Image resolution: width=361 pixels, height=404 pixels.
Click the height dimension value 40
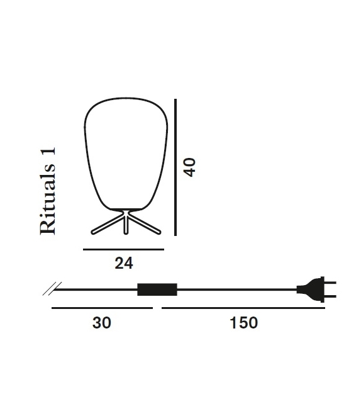tap(191, 167)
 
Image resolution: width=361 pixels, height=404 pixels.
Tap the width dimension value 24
tap(124, 264)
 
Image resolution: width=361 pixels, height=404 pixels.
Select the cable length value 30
tap(102, 323)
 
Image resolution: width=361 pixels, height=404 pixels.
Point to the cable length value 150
tap(243, 323)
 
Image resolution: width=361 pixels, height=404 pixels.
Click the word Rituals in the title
tap(48, 199)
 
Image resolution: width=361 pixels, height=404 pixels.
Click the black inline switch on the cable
tap(157, 289)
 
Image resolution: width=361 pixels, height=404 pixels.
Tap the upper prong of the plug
tap(330, 283)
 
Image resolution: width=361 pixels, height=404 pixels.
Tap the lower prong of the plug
tap(330, 296)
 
